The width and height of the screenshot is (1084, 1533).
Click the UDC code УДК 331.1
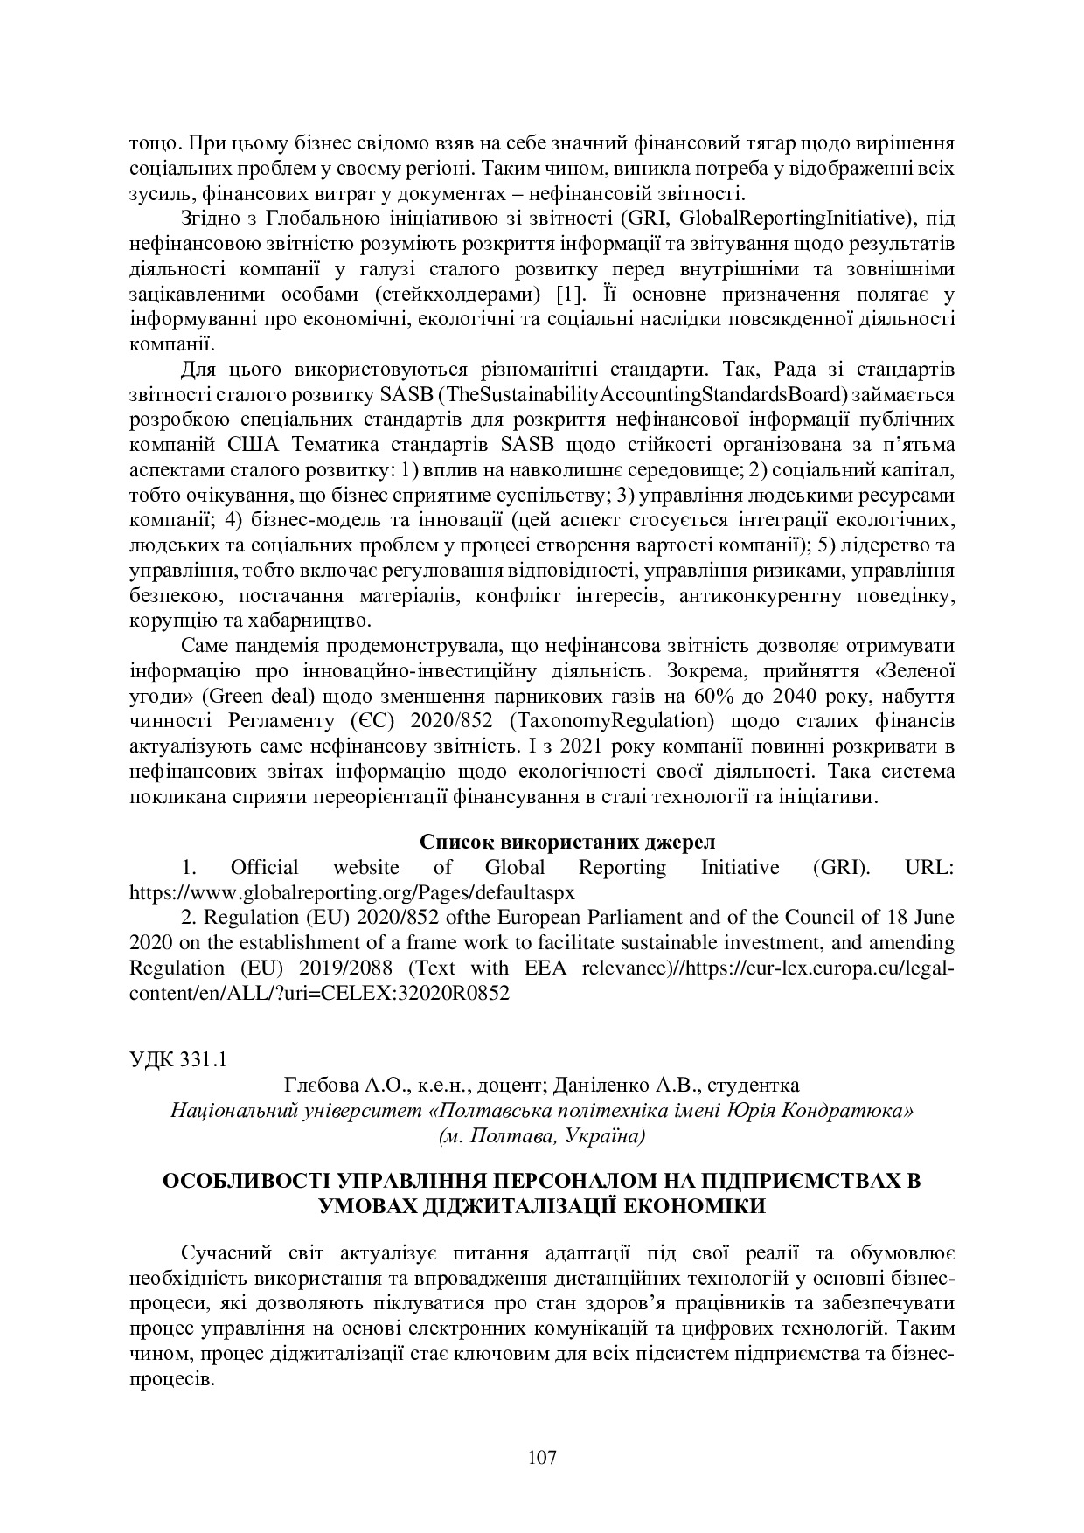tap(178, 1059)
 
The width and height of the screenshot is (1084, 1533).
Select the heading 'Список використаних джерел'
tap(567, 842)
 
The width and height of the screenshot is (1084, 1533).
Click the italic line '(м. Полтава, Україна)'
tap(542, 1135)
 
